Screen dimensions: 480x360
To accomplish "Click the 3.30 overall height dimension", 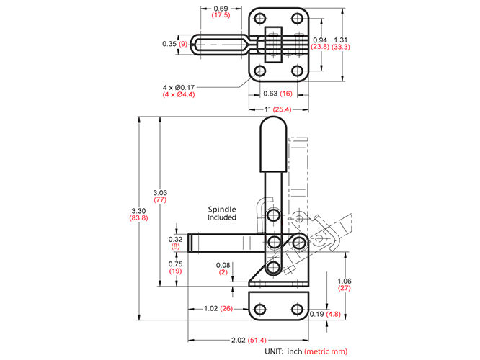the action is coord(138,211).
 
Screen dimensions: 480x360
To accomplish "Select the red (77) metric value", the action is coord(160,199).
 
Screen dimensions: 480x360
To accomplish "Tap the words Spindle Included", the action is coord(222,213).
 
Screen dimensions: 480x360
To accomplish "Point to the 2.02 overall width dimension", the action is coord(238,340).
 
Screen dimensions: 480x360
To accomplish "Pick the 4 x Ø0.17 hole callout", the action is coord(179,87).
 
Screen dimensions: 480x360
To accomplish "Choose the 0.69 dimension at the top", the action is coord(221,9).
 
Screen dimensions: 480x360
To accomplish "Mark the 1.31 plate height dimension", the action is coord(341,40).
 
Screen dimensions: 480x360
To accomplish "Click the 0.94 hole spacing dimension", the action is coord(320,40).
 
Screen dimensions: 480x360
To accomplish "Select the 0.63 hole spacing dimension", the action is coord(270,94).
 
